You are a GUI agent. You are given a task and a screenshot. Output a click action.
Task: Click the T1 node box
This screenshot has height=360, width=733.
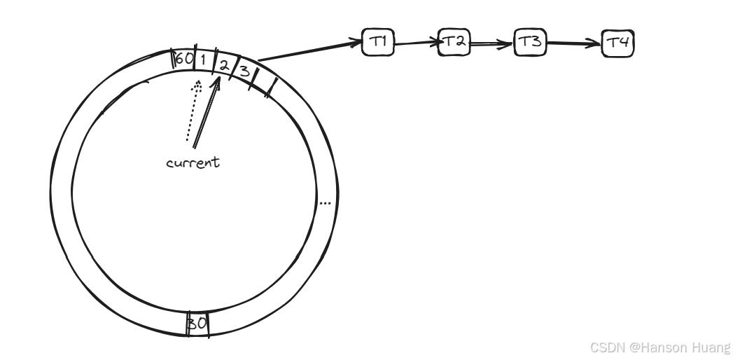(379, 42)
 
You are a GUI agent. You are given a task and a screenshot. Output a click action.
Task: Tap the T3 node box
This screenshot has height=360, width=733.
(531, 43)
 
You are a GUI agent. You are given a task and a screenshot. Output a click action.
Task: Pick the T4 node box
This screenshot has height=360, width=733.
(617, 43)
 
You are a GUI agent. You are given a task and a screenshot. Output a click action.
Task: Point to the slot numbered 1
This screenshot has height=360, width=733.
(203, 60)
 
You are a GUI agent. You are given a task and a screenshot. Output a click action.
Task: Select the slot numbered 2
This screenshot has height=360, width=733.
(224, 64)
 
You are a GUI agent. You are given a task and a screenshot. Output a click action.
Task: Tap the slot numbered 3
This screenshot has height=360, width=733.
(244, 71)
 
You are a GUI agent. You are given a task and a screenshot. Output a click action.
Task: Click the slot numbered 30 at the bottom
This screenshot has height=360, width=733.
(197, 324)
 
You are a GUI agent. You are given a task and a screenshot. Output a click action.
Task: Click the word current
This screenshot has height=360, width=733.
(193, 162)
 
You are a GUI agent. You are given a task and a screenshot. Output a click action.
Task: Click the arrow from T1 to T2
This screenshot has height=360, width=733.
(417, 43)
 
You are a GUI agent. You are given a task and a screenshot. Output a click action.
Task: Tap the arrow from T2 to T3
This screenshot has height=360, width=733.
(492, 43)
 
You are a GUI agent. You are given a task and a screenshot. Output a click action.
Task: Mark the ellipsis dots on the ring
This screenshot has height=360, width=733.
(325, 203)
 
